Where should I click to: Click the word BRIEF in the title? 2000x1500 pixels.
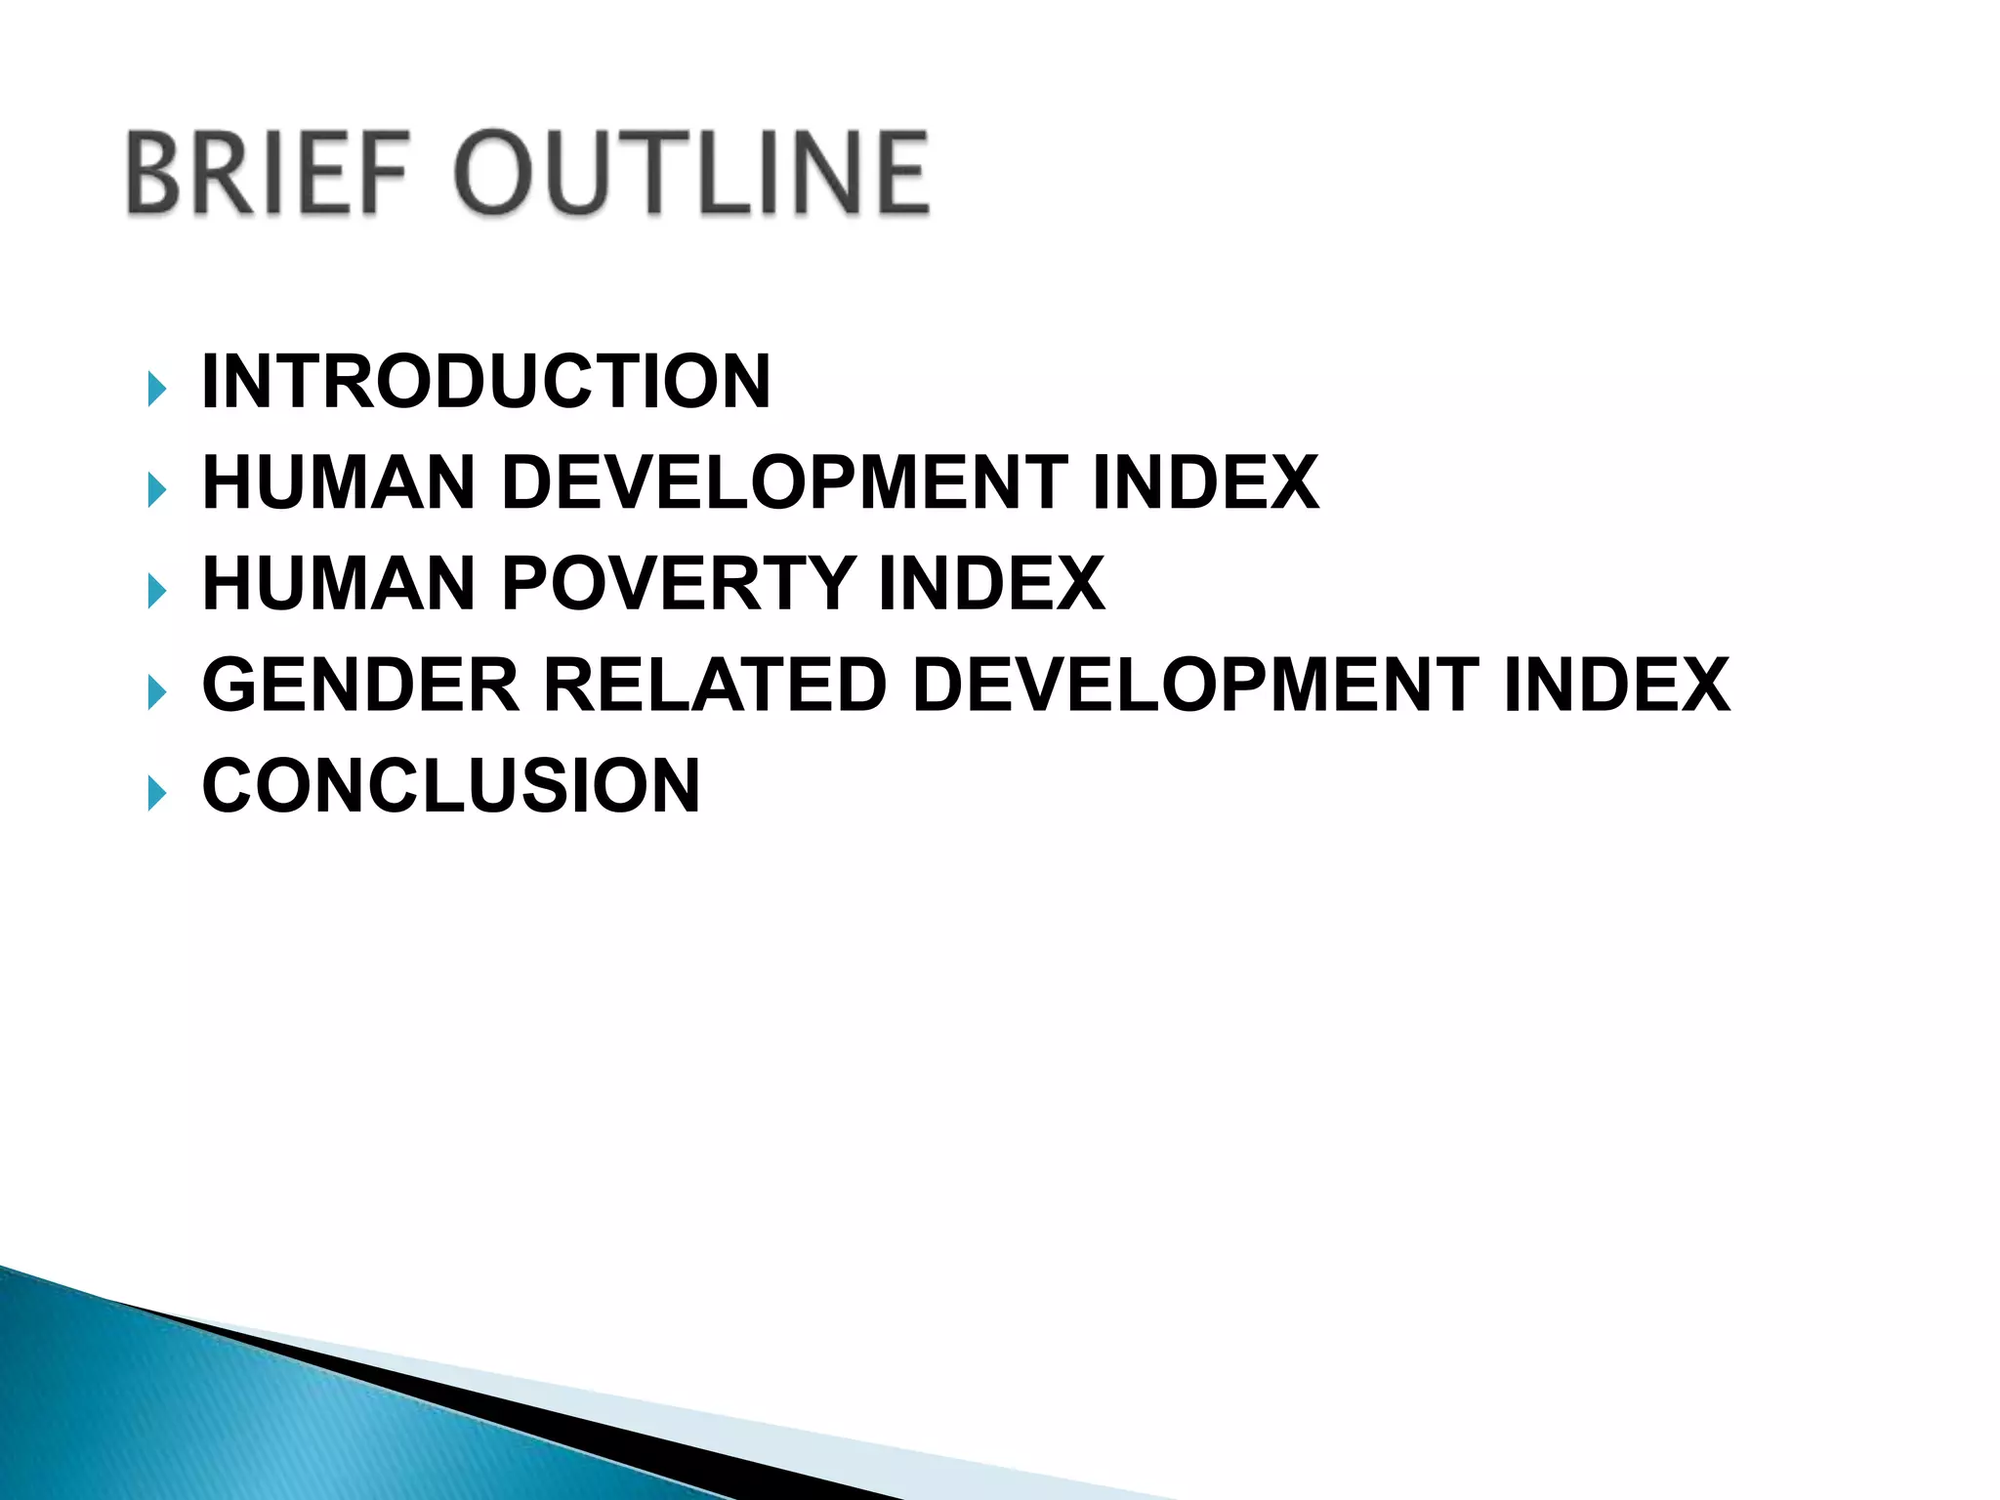click(x=266, y=174)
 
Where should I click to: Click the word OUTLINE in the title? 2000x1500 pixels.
click(x=691, y=174)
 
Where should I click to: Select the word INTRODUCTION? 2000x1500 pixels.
click(x=486, y=381)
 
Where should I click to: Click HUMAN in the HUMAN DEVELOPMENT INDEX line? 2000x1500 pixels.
click(x=338, y=482)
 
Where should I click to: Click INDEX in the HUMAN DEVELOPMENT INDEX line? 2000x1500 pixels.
click(x=1205, y=482)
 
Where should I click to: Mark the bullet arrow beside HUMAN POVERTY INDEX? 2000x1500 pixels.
click(x=156, y=591)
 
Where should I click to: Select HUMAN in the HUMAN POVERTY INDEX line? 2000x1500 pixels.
click(x=338, y=583)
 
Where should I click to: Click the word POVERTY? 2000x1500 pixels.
click(x=679, y=583)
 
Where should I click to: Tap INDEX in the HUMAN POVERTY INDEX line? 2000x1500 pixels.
click(x=991, y=583)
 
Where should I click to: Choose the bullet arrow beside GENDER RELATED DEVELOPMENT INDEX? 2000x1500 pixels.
click(x=156, y=692)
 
